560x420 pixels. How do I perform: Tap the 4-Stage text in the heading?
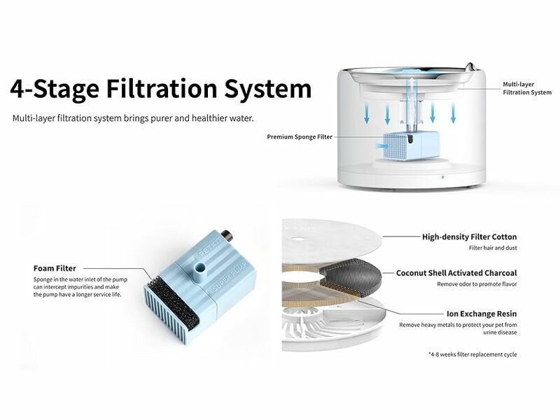(x=55, y=90)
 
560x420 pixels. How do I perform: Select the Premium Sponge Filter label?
(x=300, y=136)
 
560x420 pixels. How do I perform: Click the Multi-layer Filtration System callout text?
(x=527, y=88)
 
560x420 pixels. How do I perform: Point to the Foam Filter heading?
(x=55, y=268)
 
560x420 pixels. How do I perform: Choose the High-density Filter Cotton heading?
(x=469, y=237)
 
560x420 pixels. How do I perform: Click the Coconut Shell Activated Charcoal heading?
(x=456, y=273)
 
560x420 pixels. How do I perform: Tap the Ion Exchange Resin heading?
(x=482, y=314)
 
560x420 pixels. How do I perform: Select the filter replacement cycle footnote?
(x=472, y=354)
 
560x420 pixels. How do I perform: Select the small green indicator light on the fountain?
(x=443, y=177)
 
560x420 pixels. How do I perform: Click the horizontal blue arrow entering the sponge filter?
(x=382, y=146)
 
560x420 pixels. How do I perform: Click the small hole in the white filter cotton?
(x=297, y=239)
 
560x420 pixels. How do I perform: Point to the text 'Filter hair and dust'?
(x=493, y=248)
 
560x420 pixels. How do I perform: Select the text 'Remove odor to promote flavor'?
(x=477, y=284)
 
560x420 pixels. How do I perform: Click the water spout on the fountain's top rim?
(x=470, y=67)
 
